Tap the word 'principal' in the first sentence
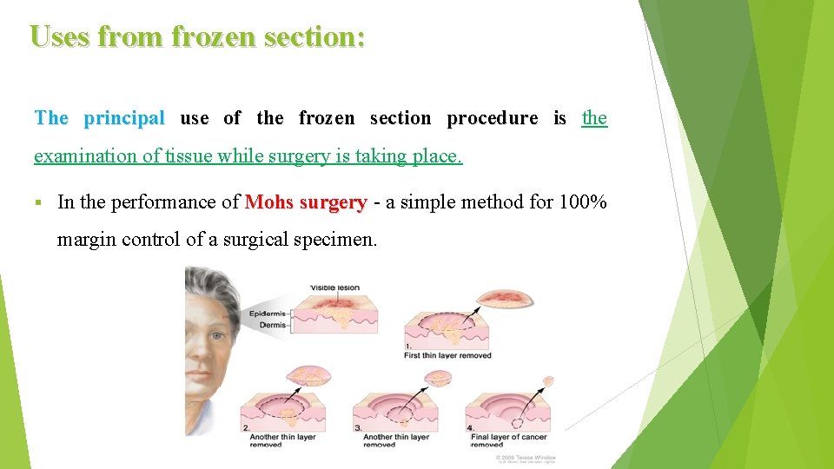point(124,118)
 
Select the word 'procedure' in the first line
point(492,118)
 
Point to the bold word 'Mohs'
point(269,202)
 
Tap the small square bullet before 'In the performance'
point(38,203)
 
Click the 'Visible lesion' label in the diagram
point(335,287)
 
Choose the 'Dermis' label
point(273,325)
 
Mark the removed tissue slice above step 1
point(506,300)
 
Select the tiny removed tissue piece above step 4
point(547,380)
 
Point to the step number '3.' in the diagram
point(357,428)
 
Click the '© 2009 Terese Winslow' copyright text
point(526,457)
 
